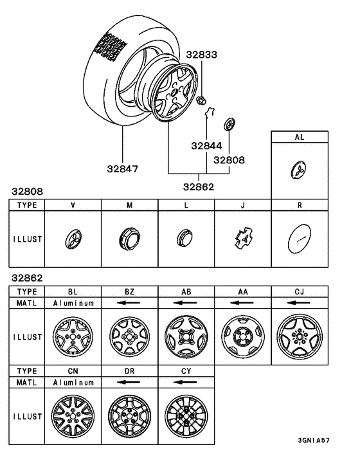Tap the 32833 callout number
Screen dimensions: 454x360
tap(202, 55)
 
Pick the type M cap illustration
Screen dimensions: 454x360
tap(129, 240)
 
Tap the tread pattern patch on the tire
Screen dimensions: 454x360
tap(112, 46)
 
